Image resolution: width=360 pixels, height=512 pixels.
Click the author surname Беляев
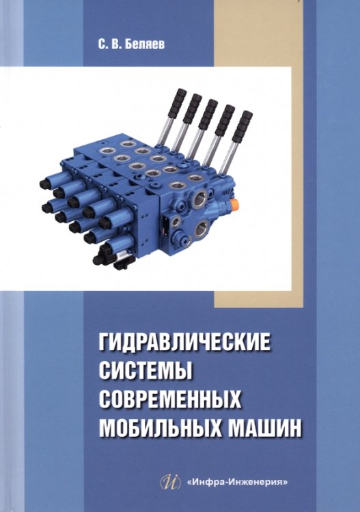click(143, 45)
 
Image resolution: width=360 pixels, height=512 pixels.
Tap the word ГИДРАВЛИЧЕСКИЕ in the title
click(185, 341)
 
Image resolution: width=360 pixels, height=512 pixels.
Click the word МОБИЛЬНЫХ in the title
click(160, 426)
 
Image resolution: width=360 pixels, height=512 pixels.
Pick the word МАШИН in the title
click(266, 426)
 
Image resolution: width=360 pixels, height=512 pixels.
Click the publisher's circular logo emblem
click(171, 482)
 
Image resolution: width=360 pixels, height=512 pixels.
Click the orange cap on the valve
click(234, 204)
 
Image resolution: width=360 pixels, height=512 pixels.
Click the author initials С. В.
click(109, 45)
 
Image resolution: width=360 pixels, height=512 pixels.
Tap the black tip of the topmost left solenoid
click(45, 184)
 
